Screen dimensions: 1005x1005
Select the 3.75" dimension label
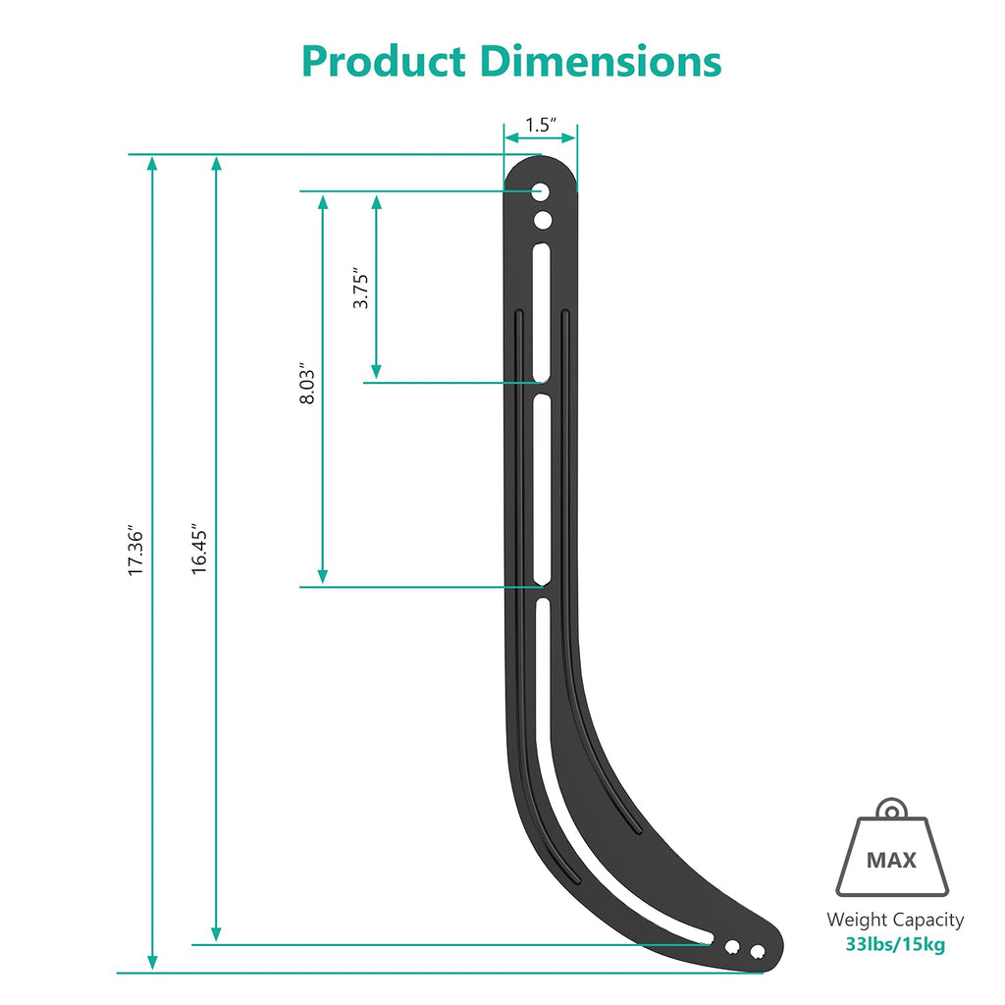[x=361, y=291]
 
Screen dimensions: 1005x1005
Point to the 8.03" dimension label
[x=308, y=386]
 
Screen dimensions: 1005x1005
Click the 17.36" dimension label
[x=136, y=553]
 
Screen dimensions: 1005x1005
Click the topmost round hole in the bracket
[x=541, y=191]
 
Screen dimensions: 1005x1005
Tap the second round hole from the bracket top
[x=542, y=221]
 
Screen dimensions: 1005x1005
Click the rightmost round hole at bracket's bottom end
[x=757, y=950]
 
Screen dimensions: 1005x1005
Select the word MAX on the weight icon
[x=891, y=861]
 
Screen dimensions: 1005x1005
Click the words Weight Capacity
[x=895, y=920]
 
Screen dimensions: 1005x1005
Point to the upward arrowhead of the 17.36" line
[x=152, y=163]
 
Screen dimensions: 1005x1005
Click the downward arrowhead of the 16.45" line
[x=217, y=934]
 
